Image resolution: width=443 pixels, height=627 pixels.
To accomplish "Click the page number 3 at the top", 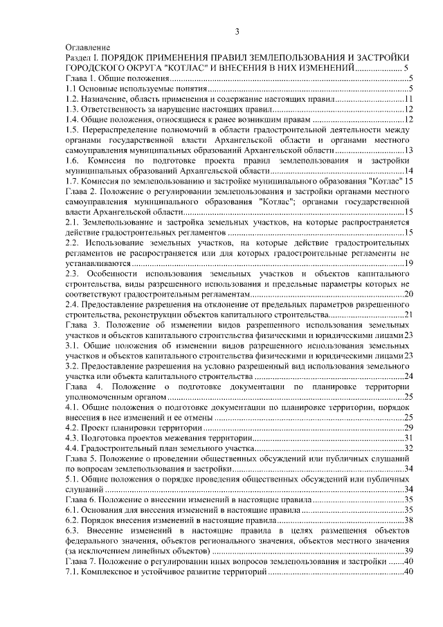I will [x=237, y=30].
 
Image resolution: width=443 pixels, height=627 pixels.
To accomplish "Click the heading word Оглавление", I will [x=86, y=47].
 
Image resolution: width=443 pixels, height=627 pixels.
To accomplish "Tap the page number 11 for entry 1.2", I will [x=408, y=99].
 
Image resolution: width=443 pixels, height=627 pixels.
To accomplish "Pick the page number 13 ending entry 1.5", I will [x=408, y=150].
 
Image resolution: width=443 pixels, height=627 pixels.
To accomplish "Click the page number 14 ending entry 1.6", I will [x=408, y=170].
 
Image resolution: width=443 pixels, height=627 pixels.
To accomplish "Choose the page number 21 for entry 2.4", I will [x=408, y=314].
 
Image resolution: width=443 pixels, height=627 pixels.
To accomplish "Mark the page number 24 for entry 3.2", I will [x=408, y=376].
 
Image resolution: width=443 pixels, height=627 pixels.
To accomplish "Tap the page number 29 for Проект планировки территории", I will [x=408, y=427].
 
